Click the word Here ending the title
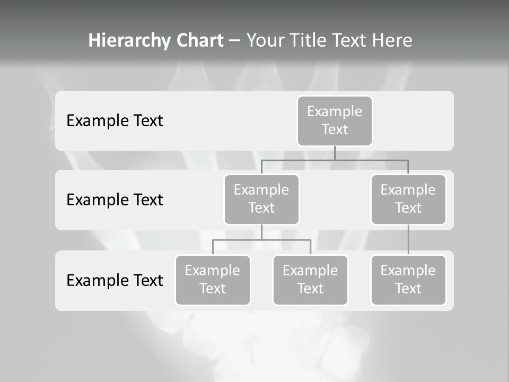[x=392, y=40]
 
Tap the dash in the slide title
[x=235, y=41]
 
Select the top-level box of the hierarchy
[x=335, y=120]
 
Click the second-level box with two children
[x=261, y=199]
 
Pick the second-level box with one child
[x=408, y=199]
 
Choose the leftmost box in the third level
[x=213, y=280]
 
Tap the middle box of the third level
[x=310, y=280]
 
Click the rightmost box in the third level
[x=408, y=280]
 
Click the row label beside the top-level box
[x=115, y=120]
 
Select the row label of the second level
[x=115, y=199]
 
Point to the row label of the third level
[x=115, y=280]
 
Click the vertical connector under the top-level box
[x=335, y=153]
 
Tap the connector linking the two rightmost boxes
[x=408, y=239]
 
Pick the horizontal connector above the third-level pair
[x=286, y=240]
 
